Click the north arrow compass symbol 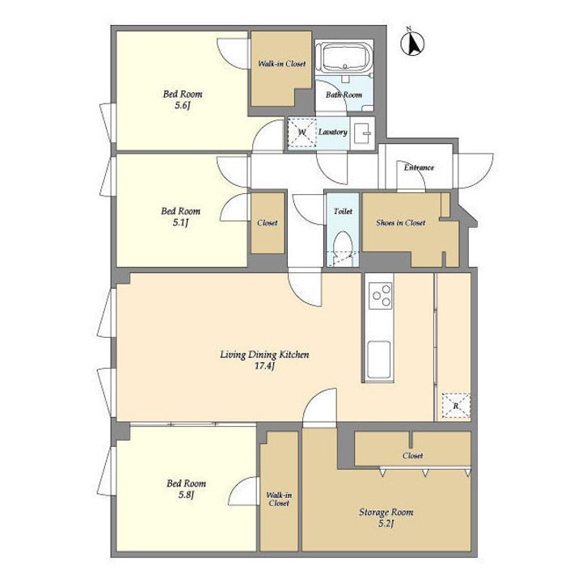pyautogui.click(x=412, y=43)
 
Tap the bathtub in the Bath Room pyautogui.click(x=345, y=57)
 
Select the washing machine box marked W pyautogui.click(x=302, y=133)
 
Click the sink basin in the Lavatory pyautogui.click(x=362, y=133)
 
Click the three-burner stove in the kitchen pyautogui.click(x=381, y=296)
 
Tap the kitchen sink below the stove pyautogui.click(x=379, y=359)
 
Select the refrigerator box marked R pyautogui.click(x=456, y=406)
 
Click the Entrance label pyautogui.click(x=419, y=167)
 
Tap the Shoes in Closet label pyautogui.click(x=400, y=223)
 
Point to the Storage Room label pyautogui.click(x=386, y=512)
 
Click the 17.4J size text pyautogui.click(x=264, y=367)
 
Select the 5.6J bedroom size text pyautogui.click(x=182, y=106)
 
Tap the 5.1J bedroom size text pyautogui.click(x=180, y=223)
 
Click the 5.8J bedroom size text pyautogui.click(x=187, y=495)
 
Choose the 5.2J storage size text pyautogui.click(x=386, y=524)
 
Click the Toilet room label pyautogui.click(x=343, y=211)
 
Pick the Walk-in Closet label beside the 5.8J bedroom pyautogui.click(x=279, y=500)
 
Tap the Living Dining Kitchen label pyautogui.click(x=264, y=355)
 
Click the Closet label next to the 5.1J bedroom pyautogui.click(x=268, y=223)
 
